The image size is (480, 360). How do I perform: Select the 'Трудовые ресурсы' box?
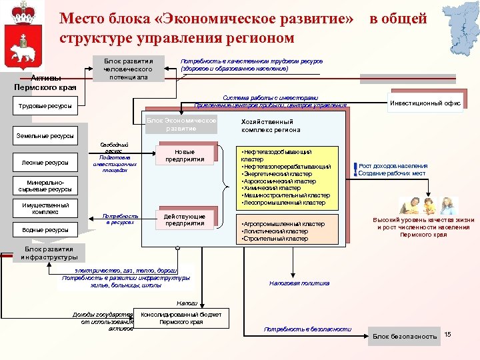coord(45,105)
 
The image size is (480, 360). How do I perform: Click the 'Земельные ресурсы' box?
coord(45,136)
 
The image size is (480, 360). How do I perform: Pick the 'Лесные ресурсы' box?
coord(45,162)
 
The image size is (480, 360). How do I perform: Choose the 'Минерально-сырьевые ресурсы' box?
coord(45,185)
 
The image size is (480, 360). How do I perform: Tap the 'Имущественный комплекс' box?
coord(45,208)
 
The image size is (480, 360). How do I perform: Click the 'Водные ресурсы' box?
coord(45,230)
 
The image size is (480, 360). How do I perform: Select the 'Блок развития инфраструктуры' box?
coord(50,253)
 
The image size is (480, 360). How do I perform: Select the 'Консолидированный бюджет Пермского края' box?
coord(181,317)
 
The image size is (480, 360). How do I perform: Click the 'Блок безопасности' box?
coord(405,335)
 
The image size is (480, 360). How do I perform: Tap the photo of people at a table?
coord(418,206)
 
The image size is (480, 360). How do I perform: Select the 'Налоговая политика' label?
coord(299,283)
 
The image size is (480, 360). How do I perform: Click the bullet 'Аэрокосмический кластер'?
coord(279,181)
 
